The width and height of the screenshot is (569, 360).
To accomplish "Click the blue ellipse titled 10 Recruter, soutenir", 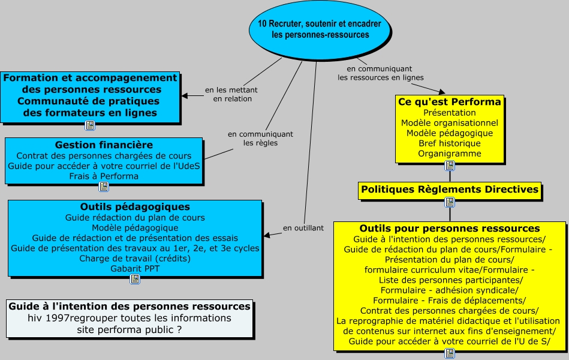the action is (320, 30).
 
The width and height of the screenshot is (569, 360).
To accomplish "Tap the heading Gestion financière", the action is (104, 145).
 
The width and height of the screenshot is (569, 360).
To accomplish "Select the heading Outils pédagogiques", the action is (135, 207).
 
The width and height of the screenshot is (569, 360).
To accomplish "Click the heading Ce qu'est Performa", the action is (450, 102).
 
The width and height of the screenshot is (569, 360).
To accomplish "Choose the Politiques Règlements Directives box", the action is (450, 190).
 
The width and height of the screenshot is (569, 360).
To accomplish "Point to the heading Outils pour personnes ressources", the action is (450, 229).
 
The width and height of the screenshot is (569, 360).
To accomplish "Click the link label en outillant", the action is (303, 228).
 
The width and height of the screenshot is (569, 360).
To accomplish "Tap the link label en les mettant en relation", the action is (231, 94).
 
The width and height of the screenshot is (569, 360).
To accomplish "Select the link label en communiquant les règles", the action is (261, 139).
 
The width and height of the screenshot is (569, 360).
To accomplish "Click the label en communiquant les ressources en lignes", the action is (380, 73).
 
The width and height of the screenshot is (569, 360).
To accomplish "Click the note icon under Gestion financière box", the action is (104, 187).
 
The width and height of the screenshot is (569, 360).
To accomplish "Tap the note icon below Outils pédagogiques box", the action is (135, 279).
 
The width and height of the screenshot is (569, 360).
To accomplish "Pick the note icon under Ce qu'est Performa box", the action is (450, 166).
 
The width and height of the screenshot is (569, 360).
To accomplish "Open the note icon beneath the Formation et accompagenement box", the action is (90, 125).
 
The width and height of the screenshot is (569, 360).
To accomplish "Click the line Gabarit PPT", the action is (135, 269).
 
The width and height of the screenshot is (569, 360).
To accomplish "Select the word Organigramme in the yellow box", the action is (450, 154).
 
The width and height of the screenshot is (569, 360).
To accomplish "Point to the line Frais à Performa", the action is (104, 176).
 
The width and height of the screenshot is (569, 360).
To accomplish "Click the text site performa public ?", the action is (129, 330).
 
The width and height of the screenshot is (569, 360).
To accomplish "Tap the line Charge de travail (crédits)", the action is (135, 259).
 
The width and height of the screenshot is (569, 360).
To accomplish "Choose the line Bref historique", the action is (450, 143).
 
